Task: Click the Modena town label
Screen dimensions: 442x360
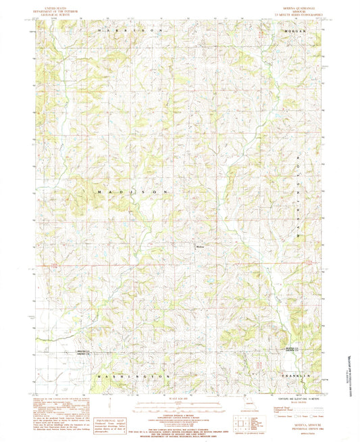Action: point(199,247)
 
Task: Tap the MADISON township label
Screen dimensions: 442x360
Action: point(132,193)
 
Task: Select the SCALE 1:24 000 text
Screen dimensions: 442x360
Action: point(179,397)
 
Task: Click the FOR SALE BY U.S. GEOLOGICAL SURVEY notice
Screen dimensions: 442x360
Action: point(179,428)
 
